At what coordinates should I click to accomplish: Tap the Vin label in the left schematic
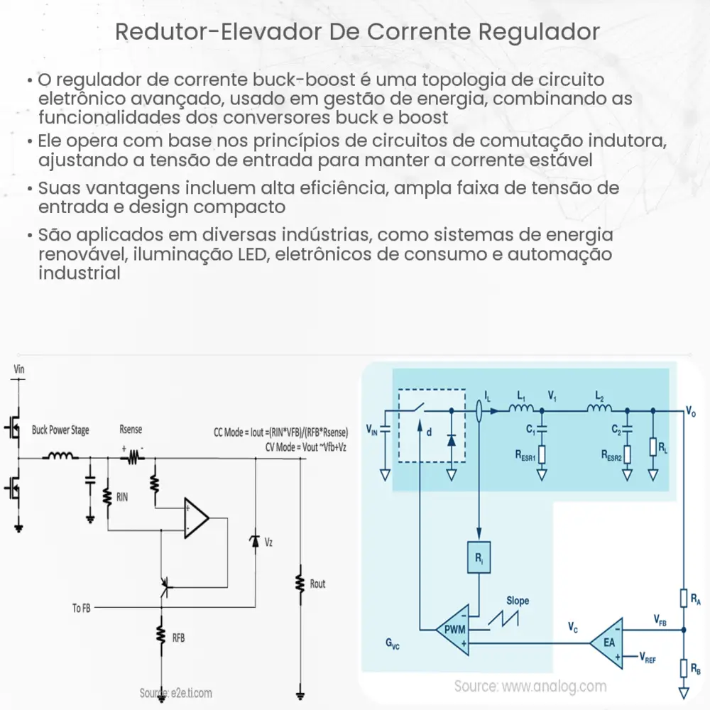19,369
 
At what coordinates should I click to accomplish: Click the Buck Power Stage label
60,430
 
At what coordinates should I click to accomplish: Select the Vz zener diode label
268,542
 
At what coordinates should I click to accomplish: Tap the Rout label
318,584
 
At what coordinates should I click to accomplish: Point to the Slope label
518,601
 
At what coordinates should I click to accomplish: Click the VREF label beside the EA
648,658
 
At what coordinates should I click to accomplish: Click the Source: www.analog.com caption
530,686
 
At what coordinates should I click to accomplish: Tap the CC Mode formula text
280,432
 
